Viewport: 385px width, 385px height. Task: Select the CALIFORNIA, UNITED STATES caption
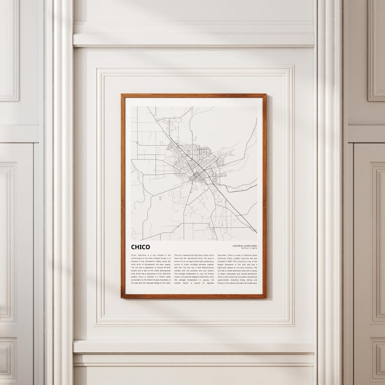(248, 246)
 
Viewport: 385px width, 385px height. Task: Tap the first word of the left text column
(134, 255)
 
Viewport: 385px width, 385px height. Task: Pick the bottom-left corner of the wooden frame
(122, 298)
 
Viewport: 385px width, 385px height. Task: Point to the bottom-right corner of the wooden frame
(266, 298)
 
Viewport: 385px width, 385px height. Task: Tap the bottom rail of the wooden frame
(194, 297)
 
